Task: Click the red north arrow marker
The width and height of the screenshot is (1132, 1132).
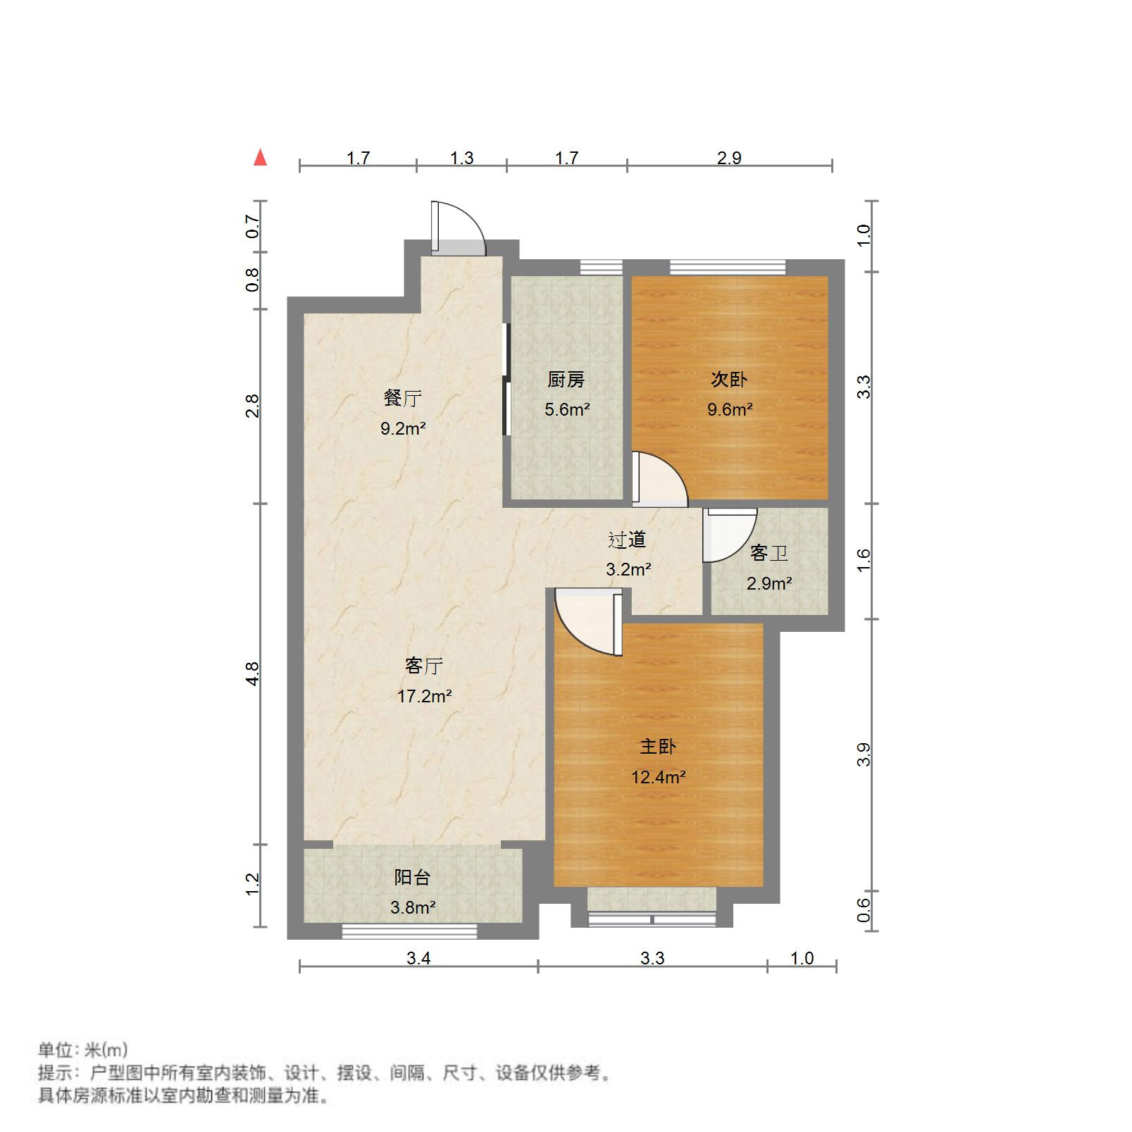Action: coord(261,158)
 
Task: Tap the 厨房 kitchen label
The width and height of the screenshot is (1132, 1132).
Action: coord(566,380)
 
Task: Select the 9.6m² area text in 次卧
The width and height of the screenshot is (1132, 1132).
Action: coord(730,409)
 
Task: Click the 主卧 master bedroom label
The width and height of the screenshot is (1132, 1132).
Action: coord(657,747)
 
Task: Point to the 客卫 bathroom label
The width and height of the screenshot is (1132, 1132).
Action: coord(769,554)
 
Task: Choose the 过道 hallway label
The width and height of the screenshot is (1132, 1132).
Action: coord(627,540)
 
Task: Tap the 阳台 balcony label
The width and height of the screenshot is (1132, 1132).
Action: coord(412,878)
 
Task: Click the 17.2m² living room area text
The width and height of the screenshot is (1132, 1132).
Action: coord(424,697)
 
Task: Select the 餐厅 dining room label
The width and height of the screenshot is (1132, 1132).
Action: coord(403,399)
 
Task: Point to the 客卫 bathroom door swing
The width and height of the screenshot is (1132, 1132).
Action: coord(729,535)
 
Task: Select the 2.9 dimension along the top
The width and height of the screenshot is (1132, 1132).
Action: coord(729,158)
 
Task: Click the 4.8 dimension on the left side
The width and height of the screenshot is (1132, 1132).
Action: coord(252,673)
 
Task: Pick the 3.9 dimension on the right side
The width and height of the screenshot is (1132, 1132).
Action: coord(864,754)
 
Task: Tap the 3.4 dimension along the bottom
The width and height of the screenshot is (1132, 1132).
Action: coord(418,958)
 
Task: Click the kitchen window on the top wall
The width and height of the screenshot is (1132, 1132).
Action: coord(601,267)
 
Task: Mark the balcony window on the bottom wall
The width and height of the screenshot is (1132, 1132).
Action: coord(409,931)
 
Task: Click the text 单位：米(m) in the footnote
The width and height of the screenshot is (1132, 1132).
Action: coord(83,1050)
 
